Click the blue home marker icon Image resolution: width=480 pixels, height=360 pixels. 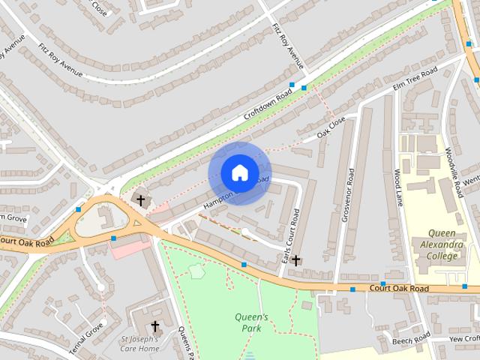tap(239, 173)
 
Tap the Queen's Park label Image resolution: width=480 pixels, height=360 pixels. tap(251, 322)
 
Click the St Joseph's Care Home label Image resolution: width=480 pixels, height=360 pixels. tap(139, 343)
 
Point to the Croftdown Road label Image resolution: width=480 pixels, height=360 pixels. tap(267, 107)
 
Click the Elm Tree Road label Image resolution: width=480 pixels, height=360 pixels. tap(415, 79)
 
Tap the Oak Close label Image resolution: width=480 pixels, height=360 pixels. tap(331, 126)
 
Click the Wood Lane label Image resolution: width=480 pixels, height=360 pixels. tap(398, 188)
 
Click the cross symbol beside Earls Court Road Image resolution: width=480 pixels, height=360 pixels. tap(296, 260)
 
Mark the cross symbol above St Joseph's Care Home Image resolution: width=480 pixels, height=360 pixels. tap(155, 326)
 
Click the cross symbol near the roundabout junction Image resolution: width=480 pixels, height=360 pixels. tap(140, 199)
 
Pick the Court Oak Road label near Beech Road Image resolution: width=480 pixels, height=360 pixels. tap(398, 288)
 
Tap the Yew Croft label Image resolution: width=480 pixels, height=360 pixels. tap(463, 338)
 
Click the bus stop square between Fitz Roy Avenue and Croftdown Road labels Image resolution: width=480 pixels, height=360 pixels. tap(292, 85)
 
